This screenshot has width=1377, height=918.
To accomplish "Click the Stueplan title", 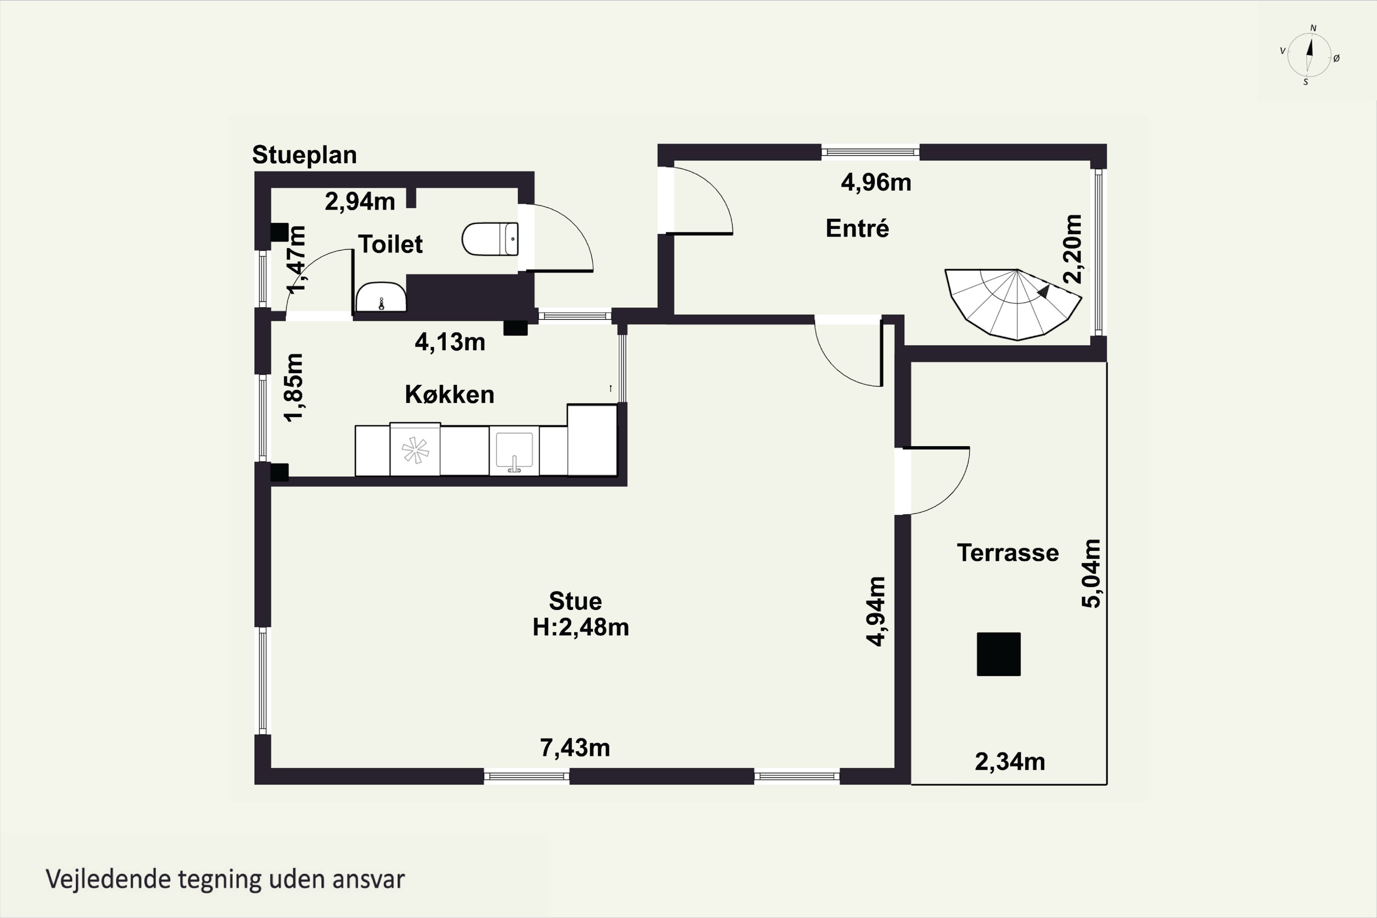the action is click(304, 155).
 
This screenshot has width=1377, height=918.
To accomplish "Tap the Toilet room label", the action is click(391, 244).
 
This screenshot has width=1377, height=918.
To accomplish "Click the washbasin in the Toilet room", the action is click(381, 297).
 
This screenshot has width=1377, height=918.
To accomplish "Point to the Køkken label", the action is click(450, 395).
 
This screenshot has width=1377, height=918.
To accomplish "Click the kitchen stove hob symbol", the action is click(415, 450).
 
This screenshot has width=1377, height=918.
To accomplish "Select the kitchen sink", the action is click(514, 451).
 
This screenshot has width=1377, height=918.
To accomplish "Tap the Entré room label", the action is click(857, 228).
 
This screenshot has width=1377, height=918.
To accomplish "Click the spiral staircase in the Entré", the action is click(1013, 304).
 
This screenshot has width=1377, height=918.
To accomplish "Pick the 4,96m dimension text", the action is click(876, 183).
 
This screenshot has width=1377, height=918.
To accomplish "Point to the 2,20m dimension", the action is click(1073, 249).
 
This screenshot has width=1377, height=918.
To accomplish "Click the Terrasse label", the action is click(1008, 553).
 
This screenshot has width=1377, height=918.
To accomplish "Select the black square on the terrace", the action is click(999, 654).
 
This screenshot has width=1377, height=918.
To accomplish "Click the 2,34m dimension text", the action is click(1010, 761).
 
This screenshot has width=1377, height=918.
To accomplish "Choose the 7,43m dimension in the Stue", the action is click(575, 748).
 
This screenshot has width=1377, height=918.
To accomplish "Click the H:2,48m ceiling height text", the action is click(581, 627).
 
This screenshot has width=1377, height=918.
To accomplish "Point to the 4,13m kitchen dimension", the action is click(450, 342).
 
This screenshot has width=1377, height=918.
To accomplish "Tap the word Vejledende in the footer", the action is click(108, 879).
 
